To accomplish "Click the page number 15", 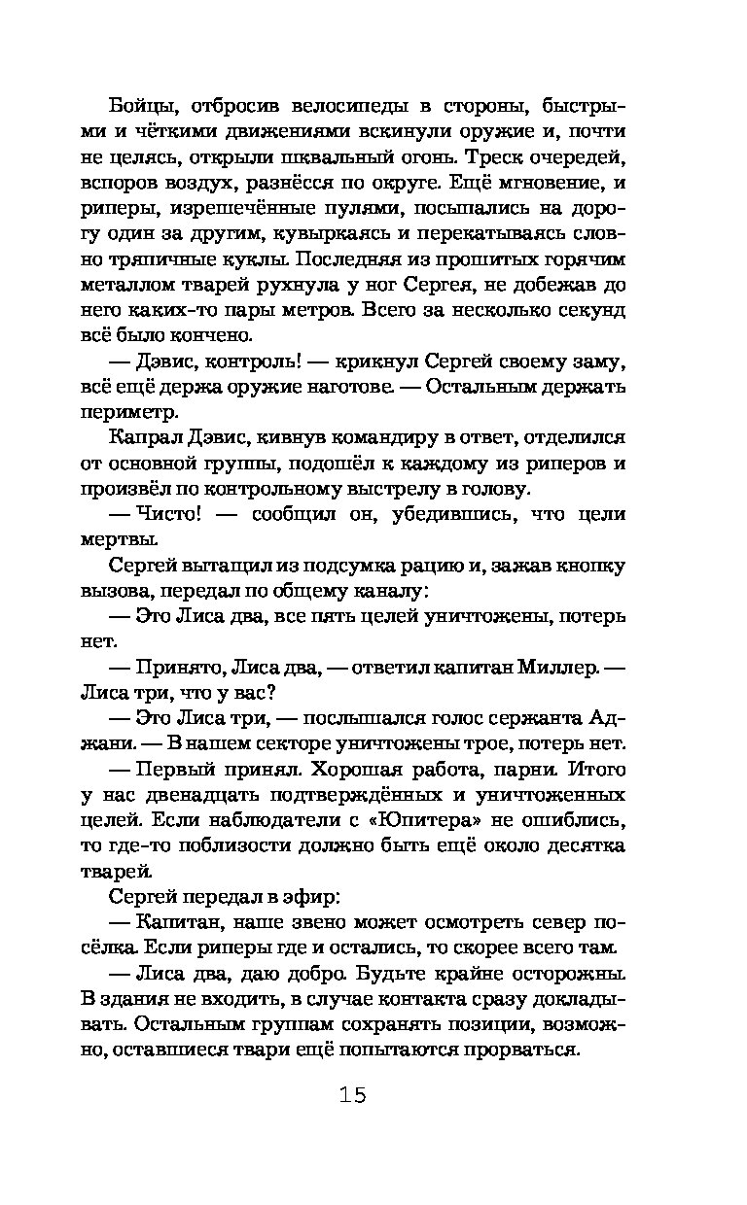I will point(353,1096).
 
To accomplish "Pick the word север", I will point(535,921).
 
